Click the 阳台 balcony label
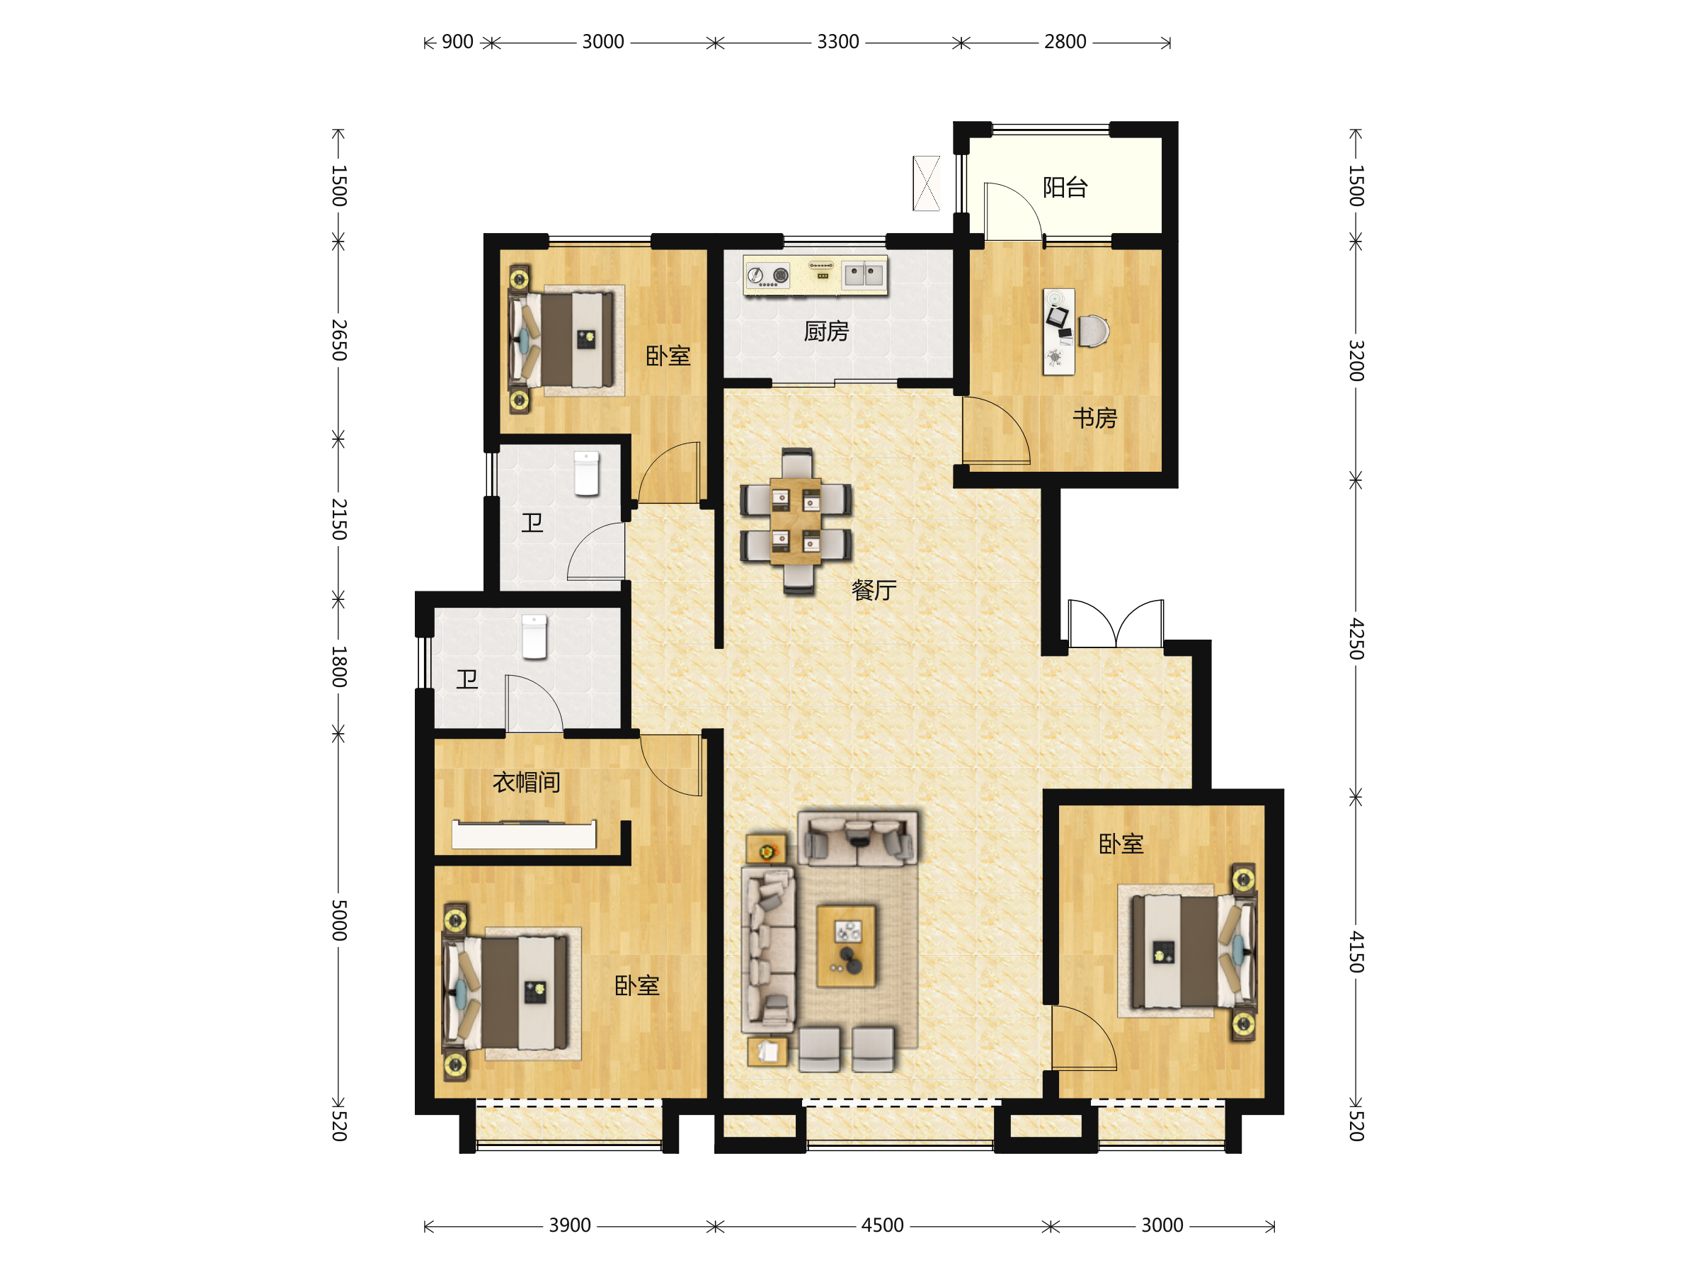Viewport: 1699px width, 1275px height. tap(1065, 187)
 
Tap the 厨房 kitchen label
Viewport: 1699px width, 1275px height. tap(825, 331)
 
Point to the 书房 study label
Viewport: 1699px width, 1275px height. tap(1094, 418)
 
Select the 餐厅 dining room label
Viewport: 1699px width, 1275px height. tap(874, 590)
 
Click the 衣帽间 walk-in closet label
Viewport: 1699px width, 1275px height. tap(526, 783)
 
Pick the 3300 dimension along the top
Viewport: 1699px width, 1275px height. tap(838, 42)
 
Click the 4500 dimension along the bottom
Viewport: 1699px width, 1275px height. tap(883, 1225)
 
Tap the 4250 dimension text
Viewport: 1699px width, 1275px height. tap(1357, 639)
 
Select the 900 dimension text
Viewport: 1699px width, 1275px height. tap(458, 42)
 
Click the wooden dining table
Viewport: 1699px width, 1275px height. tap(796, 522)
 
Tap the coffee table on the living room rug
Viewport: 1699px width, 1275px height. tap(846, 946)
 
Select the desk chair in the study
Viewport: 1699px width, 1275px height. tap(1094, 331)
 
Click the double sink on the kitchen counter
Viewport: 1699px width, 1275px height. tap(864, 273)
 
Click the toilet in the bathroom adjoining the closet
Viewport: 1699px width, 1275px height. tap(534, 636)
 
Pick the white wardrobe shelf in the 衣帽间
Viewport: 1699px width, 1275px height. tap(524, 834)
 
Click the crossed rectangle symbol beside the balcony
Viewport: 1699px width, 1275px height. tap(926, 183)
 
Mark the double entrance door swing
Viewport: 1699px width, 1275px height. tap(1115, 623)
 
